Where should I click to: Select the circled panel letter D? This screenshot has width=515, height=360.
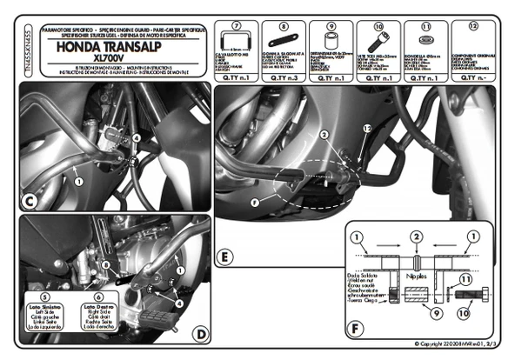coord(200,334)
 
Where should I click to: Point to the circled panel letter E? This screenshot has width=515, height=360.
coord(224,258)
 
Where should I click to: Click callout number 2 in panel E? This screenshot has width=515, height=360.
coord(323,136)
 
